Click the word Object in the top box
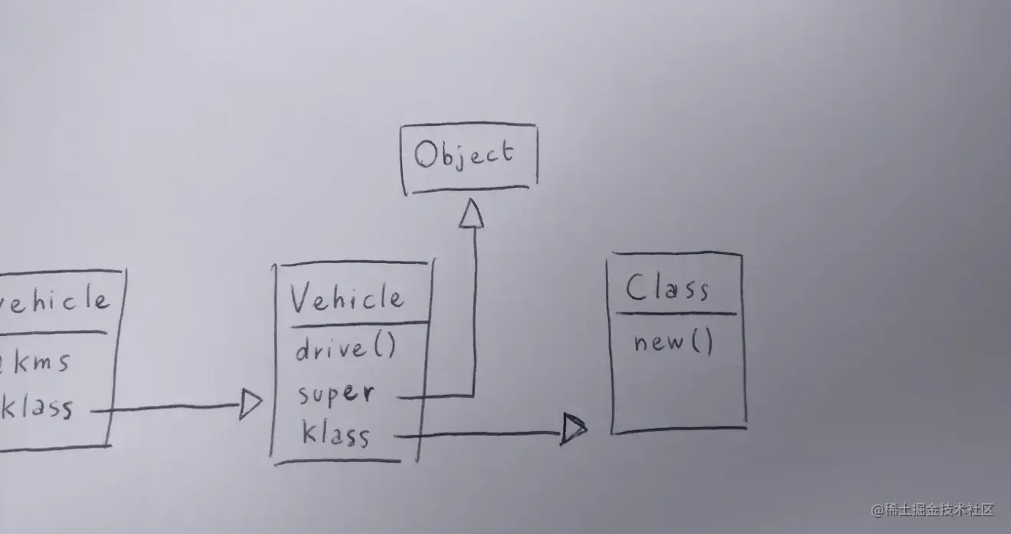463,155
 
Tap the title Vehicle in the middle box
347,298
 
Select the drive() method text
345,349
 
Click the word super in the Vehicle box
336,394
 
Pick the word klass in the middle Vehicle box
335,435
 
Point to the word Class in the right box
667,289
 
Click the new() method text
673,342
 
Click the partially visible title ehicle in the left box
54,299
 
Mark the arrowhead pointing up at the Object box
471,214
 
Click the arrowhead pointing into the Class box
573,429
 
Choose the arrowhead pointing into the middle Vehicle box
250,404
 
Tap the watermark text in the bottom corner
932,509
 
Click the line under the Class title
675,313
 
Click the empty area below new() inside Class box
677,391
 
